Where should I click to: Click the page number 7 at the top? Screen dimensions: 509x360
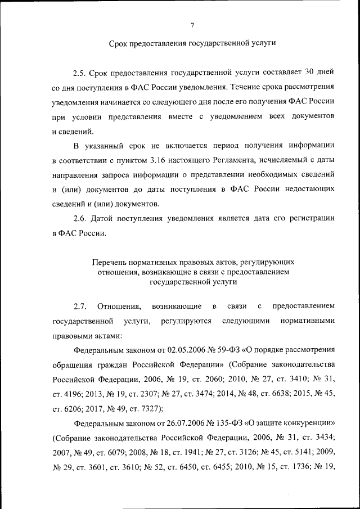[x=192, y=25]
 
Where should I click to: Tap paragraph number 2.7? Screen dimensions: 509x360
[x=79, y=306]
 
